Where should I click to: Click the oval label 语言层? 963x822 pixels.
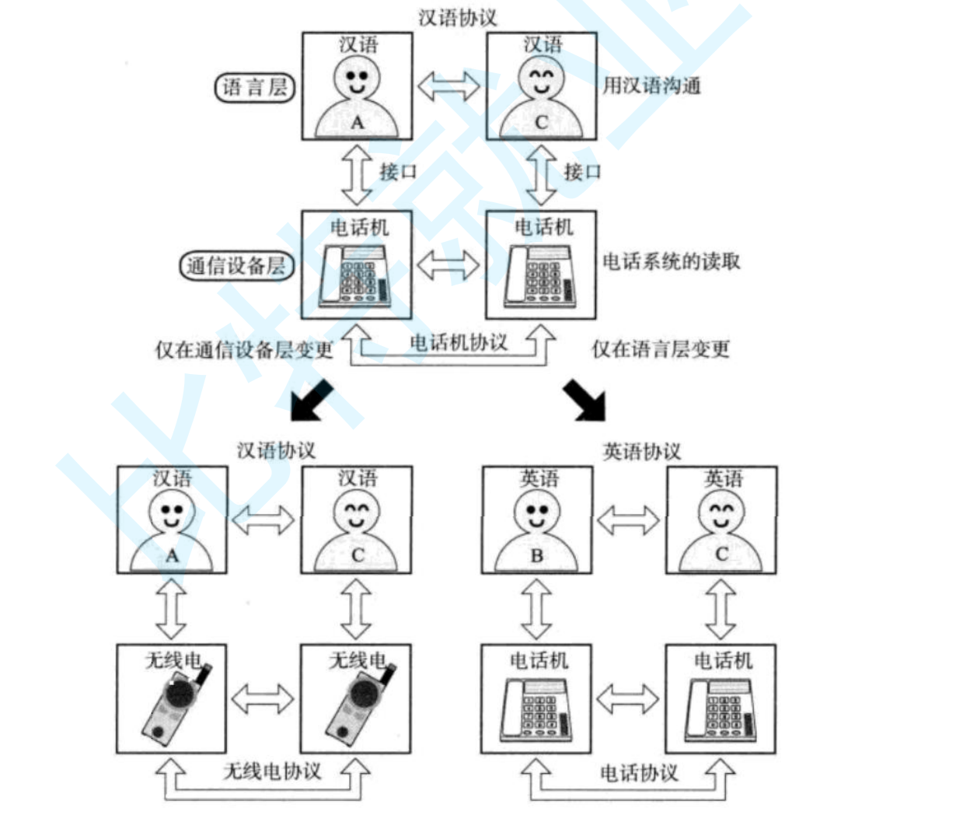pos(254,87)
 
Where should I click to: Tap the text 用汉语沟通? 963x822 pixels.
pos(651,85)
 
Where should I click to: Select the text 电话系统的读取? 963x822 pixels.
pos(672,262)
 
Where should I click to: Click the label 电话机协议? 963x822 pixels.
pos(458,342)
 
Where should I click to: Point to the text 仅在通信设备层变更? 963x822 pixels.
pos(244,350)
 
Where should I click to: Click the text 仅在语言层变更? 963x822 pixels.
pos(661,349)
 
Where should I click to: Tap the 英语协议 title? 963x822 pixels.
pos(641,451)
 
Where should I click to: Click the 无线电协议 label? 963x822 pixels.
pos(272,771)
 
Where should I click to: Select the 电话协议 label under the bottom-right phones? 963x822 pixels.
pos(639,772)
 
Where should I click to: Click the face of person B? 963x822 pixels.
pos(536,512)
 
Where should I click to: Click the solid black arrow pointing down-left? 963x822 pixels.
pos(312,400)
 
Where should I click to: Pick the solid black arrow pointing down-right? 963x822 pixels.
pos(584,400)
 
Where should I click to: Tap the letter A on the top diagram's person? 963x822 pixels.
pos(357,123)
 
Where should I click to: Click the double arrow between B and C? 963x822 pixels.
pos(629,520)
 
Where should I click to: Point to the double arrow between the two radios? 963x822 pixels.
pos(263,699)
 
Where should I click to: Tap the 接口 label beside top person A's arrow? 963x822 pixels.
pos(398,172)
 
